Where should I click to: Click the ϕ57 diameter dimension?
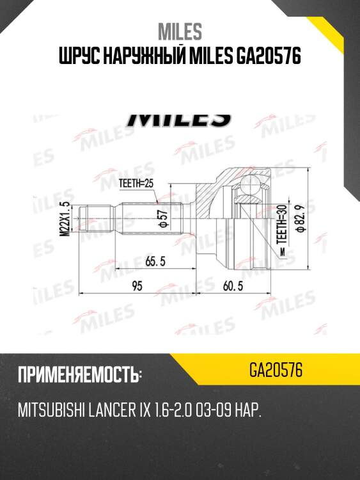pos(162,218)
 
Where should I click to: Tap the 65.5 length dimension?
pos(151,261)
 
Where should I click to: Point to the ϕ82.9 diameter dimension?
pos(317,219)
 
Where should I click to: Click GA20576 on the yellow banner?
pos(276,371)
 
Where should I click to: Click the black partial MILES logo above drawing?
pos(180,119)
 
